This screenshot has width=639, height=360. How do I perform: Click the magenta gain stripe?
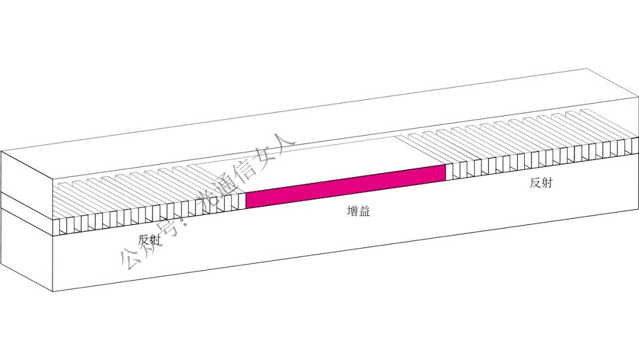click(x=346, y=187)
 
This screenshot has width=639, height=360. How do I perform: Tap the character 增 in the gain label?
click(x=353, y=211)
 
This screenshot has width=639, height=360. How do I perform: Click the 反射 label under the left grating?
click(x=149, y=240)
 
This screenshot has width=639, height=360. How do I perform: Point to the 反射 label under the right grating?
click(x=541, y=183)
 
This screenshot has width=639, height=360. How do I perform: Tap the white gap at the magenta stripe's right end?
click(x=448, y=172)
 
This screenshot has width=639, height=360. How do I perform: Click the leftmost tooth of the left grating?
click(x=62, y=226)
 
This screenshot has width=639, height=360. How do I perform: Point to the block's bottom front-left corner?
click(x=53, y=291)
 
